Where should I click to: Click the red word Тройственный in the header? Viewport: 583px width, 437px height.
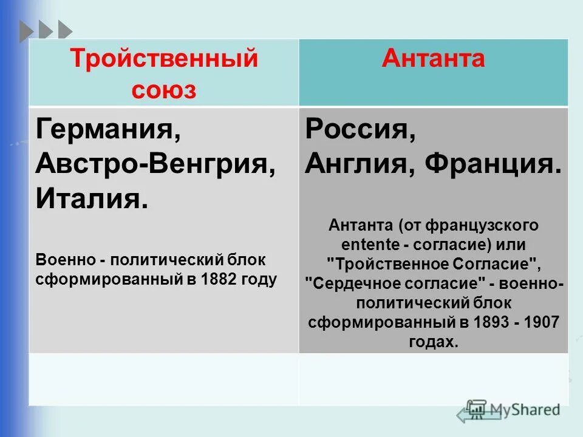pyautogui.click(x=164, y=59)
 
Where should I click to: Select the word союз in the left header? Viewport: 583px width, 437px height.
pyautogui.click(x=164, y=89)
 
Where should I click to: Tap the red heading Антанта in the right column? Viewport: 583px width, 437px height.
pyautogui.click(x=433, y=59)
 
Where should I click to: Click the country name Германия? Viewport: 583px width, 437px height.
pyautogui.click(x=107, y=130)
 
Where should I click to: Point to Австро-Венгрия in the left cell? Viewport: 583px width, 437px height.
pyautogui.click(x=155, y=163)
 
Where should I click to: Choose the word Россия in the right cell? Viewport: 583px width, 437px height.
pyautogui.click(x=360, y=130)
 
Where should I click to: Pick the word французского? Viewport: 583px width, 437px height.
pyautogui.click(x=482, y=226)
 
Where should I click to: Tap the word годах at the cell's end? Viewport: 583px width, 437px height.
pyautogui.click(x=433, y=342)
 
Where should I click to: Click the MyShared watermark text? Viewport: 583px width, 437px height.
pyautogui.click(x=523, y=409)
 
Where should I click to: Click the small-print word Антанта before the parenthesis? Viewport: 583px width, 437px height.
pyautogui.click(x=361, y=226)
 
